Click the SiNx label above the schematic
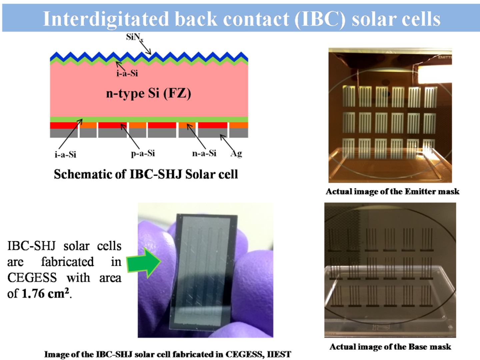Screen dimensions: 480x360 [x=134, y=37]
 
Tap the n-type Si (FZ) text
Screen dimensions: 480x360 [x=148, y=93]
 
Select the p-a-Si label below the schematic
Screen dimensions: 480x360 [x=143, y=153]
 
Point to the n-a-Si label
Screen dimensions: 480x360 [x=204, y=153]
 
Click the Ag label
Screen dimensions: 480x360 [x=236, y=153]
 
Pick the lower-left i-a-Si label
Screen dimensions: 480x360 [x=65, y=155]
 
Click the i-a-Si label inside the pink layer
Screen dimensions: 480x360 [x=127, y=73]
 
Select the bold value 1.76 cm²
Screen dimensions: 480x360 [x=45, y=293]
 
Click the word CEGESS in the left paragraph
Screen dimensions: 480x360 [x=32, y=278]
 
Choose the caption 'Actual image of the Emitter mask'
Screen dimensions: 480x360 [x=392, y=191]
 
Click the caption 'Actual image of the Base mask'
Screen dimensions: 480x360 [x=390, y=347]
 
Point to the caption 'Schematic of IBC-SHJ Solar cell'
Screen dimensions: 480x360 [x=146, y=174]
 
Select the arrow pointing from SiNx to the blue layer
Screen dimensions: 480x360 [x=145, y=47]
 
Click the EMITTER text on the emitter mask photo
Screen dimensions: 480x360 [x=445, y=57]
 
